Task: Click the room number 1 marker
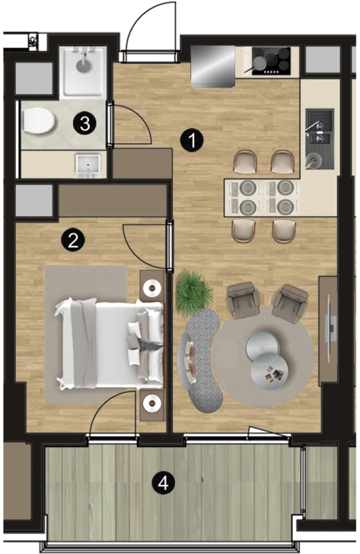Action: click(191, 140)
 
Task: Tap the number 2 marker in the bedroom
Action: click(73, 240)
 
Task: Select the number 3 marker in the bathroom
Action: click(84, 123)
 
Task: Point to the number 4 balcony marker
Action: click(163, 482)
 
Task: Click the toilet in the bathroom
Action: click(38, 121)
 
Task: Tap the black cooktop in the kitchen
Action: click(271, 61)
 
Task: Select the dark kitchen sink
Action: click(320, 138)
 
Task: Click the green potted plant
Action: click(194, 291)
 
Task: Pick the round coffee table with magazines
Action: click(269, 371)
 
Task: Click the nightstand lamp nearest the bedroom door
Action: click(153, 288)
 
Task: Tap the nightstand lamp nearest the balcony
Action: click(152, 403)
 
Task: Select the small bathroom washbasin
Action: click(88, 165)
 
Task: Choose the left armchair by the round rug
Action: click(244, 299)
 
